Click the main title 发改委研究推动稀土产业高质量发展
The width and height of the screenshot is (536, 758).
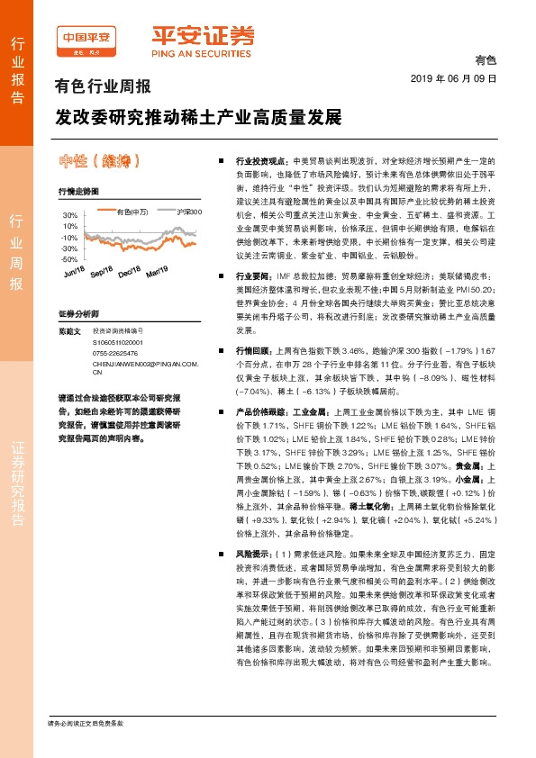click(x=199, y=118)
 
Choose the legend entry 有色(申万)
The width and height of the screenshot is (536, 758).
click(x=132, y=212)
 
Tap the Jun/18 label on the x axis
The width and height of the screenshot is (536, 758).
click(x=74, y=273)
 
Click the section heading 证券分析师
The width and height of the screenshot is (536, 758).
click(x=77, y=313)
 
